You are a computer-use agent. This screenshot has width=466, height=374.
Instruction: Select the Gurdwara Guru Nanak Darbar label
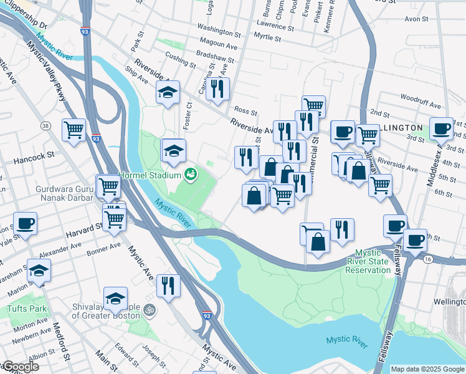coord(47,193)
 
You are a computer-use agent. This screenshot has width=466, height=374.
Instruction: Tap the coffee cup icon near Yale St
coord(25,224)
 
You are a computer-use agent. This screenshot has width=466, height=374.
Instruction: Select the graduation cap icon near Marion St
coord(39,271)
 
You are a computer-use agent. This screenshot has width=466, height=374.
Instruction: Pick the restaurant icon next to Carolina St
coord(217,89)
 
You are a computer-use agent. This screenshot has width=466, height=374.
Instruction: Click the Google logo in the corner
coord(20,367)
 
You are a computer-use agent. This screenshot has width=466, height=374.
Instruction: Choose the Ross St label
coord(246,112)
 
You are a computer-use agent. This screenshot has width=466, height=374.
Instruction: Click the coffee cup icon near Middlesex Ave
coord(442,129)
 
